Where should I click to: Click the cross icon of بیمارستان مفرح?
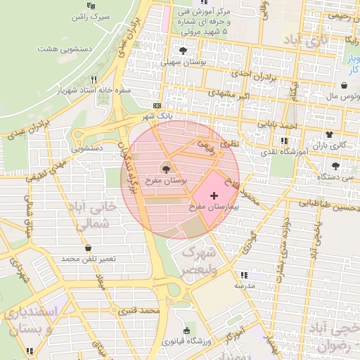coord(214,193)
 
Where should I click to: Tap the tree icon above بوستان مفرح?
coord(166,169)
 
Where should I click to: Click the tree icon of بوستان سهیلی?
coord(184,51)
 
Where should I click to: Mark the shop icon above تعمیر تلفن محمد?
coord(88,247)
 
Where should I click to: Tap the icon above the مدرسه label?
coord(244,275)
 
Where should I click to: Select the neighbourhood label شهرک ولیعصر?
coord(200,260)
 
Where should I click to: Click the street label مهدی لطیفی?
coord(48,170)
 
